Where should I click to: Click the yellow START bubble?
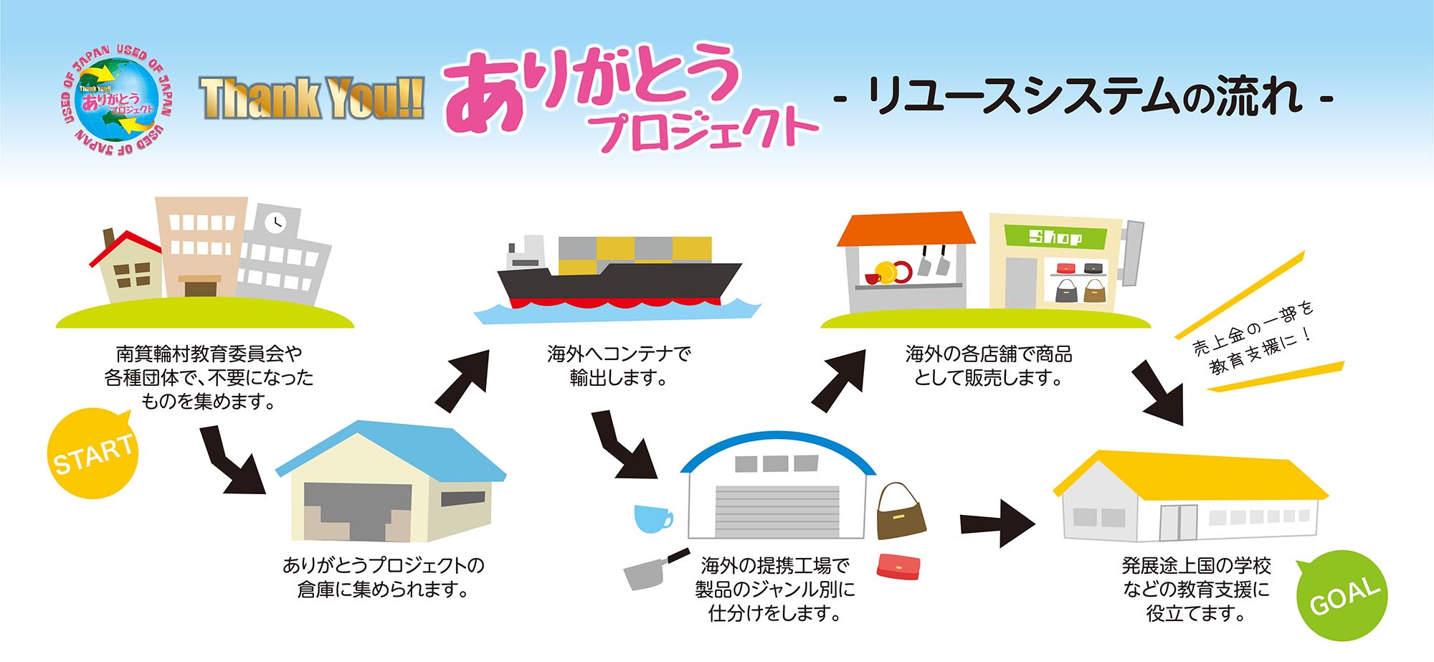pyautogui.click(x=92, y=454)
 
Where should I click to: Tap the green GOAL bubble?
pyautogui.click(x=1343, y=595)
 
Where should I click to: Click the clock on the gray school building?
pyautogui.click(x=275, y=223)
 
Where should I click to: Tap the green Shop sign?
pyautogui.click(x=1054, y=236)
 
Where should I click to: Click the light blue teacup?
pyautogui.click(x=652, y=518)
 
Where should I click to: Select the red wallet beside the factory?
pyautogui.click(x=898, y=566)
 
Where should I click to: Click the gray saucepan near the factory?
pyautogui.click(x=649, y=571)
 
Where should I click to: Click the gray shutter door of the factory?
pyautogui.click(x=777, y=511)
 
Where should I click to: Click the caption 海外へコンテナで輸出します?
pyautogui.click(x=618, y=366)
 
